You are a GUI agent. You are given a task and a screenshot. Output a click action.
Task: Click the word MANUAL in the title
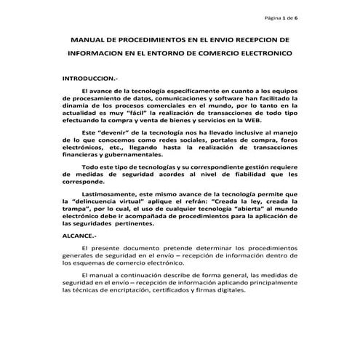tap(88, 41)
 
